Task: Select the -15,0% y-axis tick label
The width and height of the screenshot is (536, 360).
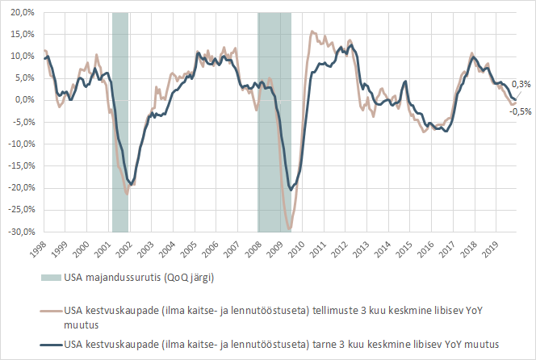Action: pos(21,166)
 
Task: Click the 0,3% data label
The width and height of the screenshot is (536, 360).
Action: pos(521,84)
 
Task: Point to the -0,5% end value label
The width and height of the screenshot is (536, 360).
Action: pos(520,111)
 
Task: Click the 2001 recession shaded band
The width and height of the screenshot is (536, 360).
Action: pos(120,121)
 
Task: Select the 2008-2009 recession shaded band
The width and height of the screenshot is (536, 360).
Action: pos(274,121)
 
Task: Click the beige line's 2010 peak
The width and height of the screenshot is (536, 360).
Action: pos(312,32)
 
